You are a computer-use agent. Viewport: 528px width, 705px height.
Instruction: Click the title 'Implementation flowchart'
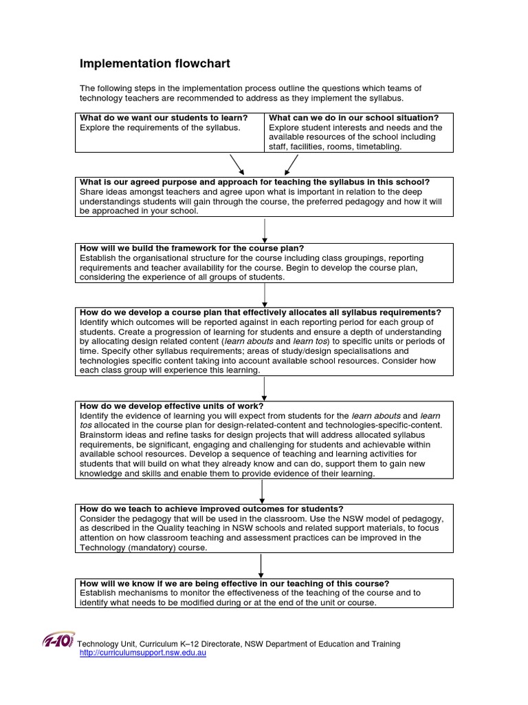(x=155, y=64)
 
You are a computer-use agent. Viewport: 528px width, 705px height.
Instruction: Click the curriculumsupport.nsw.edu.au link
(x=143, y=653)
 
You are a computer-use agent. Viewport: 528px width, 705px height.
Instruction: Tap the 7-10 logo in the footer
(x=59, y=641)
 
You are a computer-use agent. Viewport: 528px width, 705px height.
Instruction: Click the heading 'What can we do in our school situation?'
(x=354, y=118)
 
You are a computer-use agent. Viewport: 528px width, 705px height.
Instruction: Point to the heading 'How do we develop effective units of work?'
(x=172, y=406)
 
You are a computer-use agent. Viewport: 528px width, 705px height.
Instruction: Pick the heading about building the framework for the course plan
(x=192, y=248)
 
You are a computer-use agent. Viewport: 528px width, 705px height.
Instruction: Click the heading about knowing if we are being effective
(x=234, y=583)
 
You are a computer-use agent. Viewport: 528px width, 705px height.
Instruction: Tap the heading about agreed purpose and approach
(x=255, y=182)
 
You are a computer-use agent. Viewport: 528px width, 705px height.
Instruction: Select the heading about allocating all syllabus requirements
(x=261, y=313)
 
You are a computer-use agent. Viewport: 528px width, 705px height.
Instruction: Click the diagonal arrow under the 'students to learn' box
(x=237, y=165)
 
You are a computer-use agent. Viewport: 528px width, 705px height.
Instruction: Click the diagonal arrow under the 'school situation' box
(x=291, y=165)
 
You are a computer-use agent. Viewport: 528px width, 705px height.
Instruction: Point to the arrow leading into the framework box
(x=265, y=230)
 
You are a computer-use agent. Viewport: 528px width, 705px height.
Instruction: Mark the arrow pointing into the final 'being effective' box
(x=261, y=565)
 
